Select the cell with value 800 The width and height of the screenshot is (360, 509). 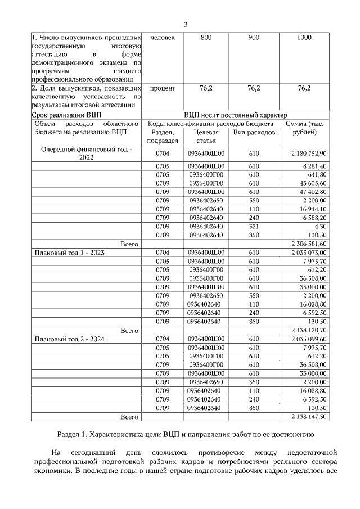pyautogui.click(x=206, y=38)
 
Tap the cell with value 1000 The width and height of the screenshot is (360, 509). pyautogui.click(x=304, y=38)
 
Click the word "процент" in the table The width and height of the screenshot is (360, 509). pyautogui.click(x=163, y=88)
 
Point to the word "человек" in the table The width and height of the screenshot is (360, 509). pyautogui.click(x=163, y=38)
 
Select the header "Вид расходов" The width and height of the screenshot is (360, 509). pyautogui.click(x=254, y=132)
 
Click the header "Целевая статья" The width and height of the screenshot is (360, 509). pyautogui.click(x=206, y=136)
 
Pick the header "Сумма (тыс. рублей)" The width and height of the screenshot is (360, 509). pyautogui.click(x=304, y=128)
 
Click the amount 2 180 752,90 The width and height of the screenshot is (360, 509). pyautogui.click(x=309, y=153)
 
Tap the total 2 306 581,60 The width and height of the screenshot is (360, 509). pyautogui.click(x=309, y=244)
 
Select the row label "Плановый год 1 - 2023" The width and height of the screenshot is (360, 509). pyautogui.click(x=70, y=253)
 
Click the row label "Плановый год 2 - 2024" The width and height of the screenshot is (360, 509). pyautogui.click(x=70, y=339)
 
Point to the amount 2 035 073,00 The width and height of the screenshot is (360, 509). pyautogui.click(x=309, y=253)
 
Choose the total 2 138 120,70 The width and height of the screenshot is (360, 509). pyautogui.click(x=309, y=330)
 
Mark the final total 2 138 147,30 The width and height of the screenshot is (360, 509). pyautogui.click(x=309, y=417)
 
